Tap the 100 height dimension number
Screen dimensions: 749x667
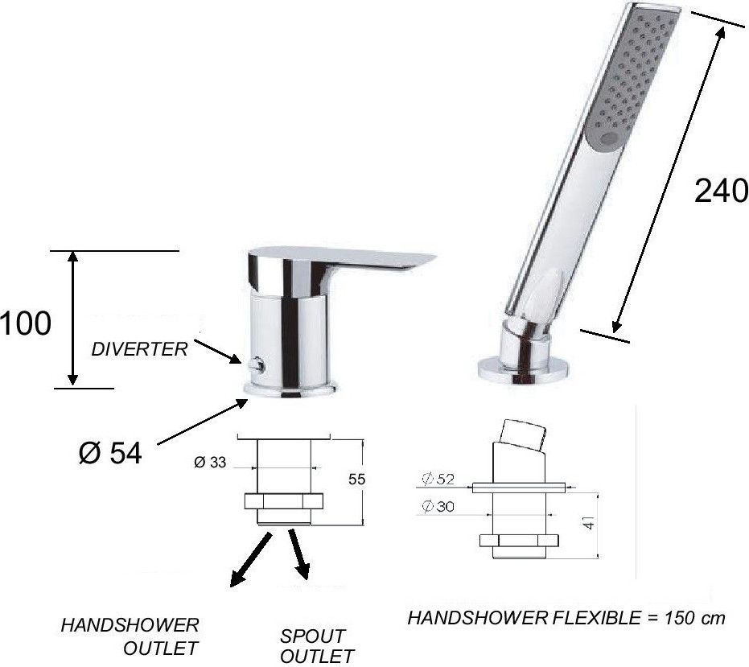25,323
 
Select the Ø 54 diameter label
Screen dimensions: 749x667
110,452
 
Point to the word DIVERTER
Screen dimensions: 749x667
139,349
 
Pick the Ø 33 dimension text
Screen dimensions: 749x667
210,462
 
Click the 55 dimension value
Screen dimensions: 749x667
357,479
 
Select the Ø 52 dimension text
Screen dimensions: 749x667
438,479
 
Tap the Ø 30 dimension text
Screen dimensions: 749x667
438,506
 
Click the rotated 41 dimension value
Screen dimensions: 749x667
590,521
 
